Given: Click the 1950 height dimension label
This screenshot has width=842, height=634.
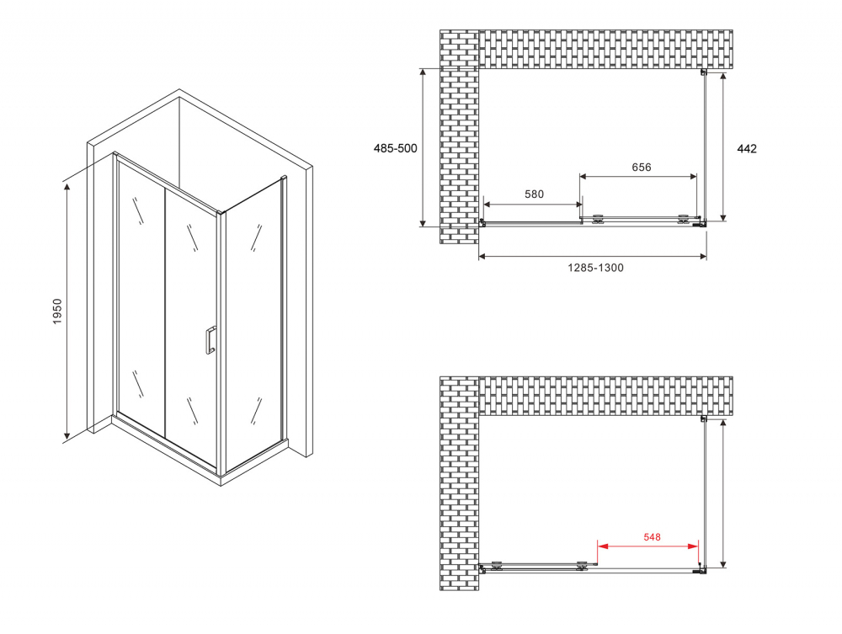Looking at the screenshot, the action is pyautogui.click(x=57, y=311).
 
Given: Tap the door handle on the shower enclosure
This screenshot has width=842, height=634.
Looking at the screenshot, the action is pyautogui.click(x=210, y=340).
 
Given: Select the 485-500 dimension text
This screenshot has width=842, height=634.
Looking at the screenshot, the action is pyautogui.click(x=395, y=148).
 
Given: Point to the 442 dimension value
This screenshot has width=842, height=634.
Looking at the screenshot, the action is pyautogui.click(x=747, y=149).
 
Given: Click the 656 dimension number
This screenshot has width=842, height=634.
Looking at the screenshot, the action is pyautogui.click(x=641, y=167).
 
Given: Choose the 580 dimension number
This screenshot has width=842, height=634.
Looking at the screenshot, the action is pyautogui.click(x=534, y=194).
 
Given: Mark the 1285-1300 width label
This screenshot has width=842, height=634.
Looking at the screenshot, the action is pyautogui.click(x=595, y=268).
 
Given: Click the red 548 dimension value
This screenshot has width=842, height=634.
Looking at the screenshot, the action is pyautogui.click(x=652, y=537).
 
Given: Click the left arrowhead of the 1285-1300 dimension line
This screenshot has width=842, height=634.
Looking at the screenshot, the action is pyautogui.click(x=482, y=257).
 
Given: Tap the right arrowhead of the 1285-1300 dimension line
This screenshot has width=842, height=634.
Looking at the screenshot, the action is pyautogui.click(x=702, y=257).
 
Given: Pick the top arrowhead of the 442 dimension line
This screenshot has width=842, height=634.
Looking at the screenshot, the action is pyautogui.click(x=723, y=77).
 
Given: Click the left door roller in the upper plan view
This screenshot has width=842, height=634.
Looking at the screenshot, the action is pyautogui.click(x=597, y=219).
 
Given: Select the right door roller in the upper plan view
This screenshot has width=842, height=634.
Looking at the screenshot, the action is pyautogui.click(x=683, y=219).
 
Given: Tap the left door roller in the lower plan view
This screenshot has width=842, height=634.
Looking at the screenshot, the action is pyautogui.click(x=497, y=565).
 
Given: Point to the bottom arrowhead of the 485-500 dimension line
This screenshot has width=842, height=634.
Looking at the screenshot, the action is pyautogui.click(x=424, y=221).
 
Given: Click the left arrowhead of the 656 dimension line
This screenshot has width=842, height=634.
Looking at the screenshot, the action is pyautogui.click(x=584, y=177).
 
